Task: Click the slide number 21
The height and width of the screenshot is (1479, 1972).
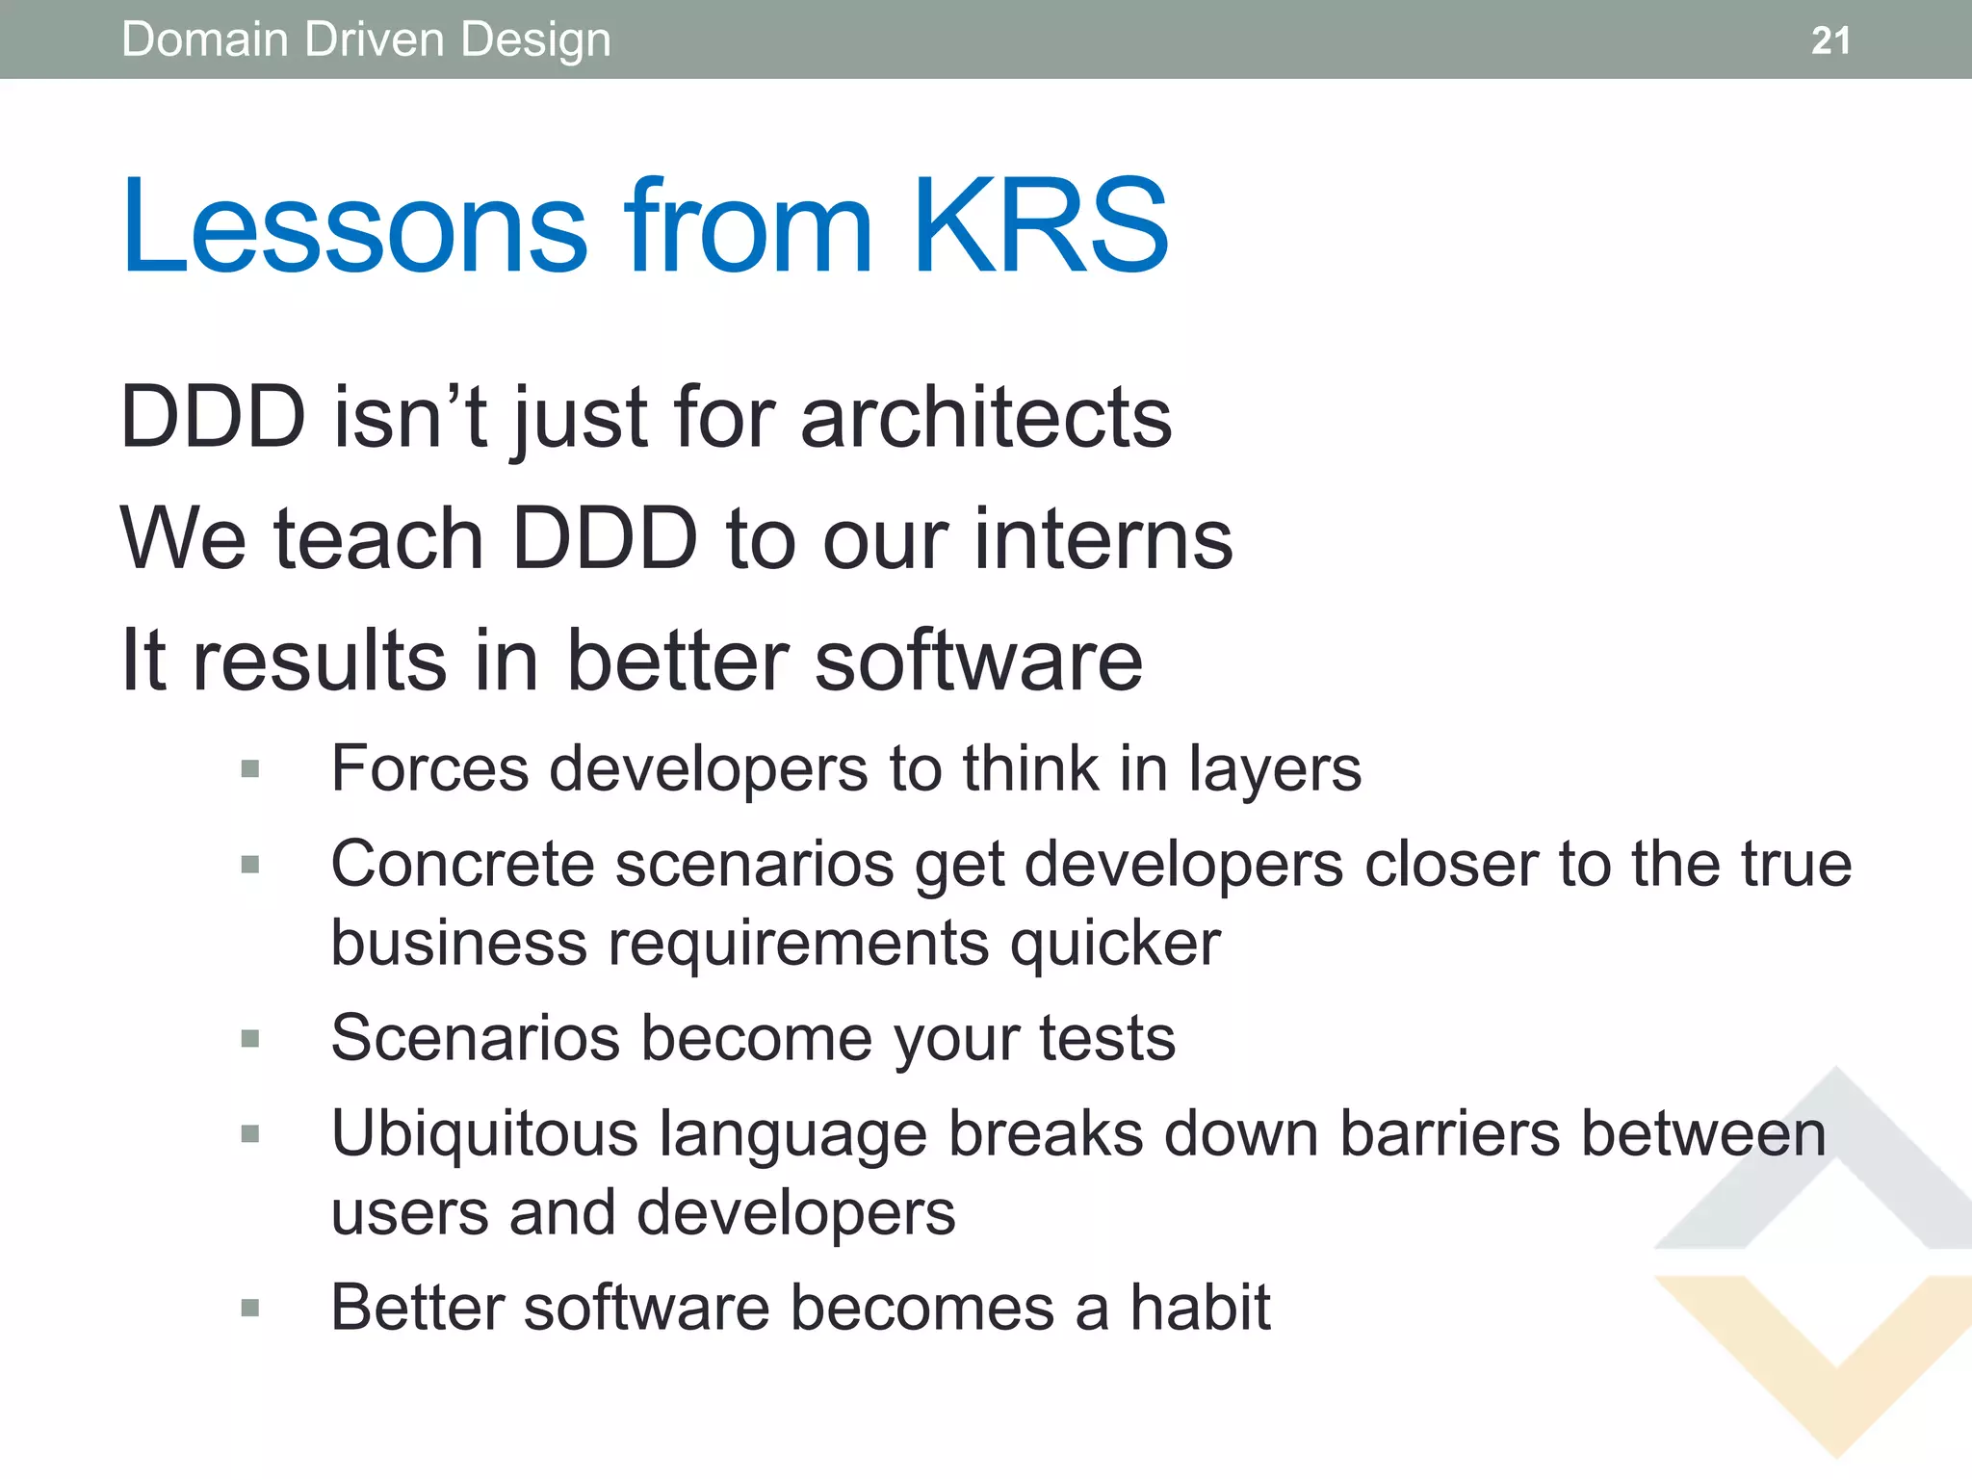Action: pos(1829,40)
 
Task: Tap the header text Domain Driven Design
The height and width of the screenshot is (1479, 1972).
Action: pos(366,40)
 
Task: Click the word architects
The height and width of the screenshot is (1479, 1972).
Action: pos(985,417)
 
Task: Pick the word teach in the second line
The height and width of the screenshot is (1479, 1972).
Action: pos(378,538)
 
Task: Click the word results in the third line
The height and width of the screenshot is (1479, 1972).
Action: pos(319,661)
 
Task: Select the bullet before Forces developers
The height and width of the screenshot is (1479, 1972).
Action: pos(250,768)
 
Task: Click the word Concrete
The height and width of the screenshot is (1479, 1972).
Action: pos(462,864)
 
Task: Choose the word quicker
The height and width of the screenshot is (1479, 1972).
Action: pos(1114,944)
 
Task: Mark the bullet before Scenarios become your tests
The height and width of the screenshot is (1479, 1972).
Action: pos(250,1038)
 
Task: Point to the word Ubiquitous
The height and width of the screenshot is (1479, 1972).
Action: pos(484,1133)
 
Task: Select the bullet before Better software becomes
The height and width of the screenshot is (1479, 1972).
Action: pos(250,1308)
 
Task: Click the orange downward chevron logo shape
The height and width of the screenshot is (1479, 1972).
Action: pos(1834,1387)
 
